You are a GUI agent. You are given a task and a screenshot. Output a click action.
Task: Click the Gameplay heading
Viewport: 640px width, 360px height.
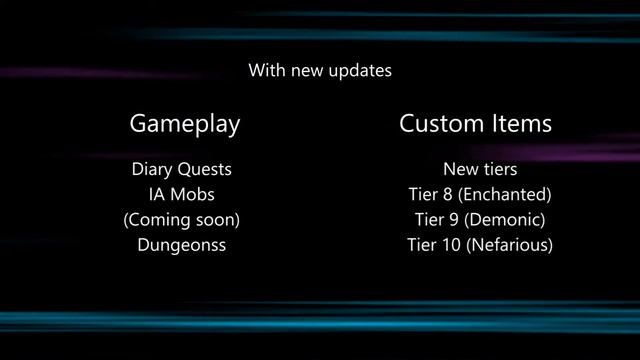(x=185, y=125)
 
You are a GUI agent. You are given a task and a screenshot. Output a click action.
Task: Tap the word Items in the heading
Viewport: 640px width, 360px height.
(x=521, y=124)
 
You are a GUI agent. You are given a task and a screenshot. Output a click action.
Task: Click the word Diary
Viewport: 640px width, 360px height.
(x=151, y=169)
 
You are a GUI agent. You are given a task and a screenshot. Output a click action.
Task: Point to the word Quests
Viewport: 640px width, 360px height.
(x=209, y=170)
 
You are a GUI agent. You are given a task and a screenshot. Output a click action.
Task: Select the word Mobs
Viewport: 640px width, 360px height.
(x=193, y=194)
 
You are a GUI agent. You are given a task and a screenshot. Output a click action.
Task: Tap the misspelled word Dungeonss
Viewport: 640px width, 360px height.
(x=182, y=244)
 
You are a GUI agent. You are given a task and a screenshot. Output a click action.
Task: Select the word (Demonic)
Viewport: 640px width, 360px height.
(x=507, y=219)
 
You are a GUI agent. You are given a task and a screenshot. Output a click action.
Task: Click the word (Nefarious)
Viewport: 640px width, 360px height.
(x=509, y=244)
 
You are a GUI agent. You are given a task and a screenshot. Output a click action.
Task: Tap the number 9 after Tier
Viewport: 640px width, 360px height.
(x=447, y=219)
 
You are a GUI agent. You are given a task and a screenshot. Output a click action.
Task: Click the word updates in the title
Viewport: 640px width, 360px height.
(x=363, y=72)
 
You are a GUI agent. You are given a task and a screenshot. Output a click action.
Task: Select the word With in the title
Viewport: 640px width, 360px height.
(x=266, y=71)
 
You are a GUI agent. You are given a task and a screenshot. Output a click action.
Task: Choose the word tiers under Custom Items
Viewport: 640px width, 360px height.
(x=497, y=169)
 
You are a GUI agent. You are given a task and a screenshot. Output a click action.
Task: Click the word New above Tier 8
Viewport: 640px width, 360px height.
(x=458, y=169)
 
